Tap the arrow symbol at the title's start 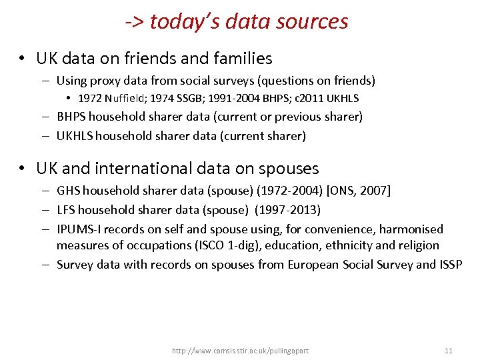(x=134, y=22)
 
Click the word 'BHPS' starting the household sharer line (x=71, y=117)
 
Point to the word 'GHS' (x=67, y=191)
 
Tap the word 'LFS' (x=66, y=210)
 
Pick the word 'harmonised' (x=411, y=229)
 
